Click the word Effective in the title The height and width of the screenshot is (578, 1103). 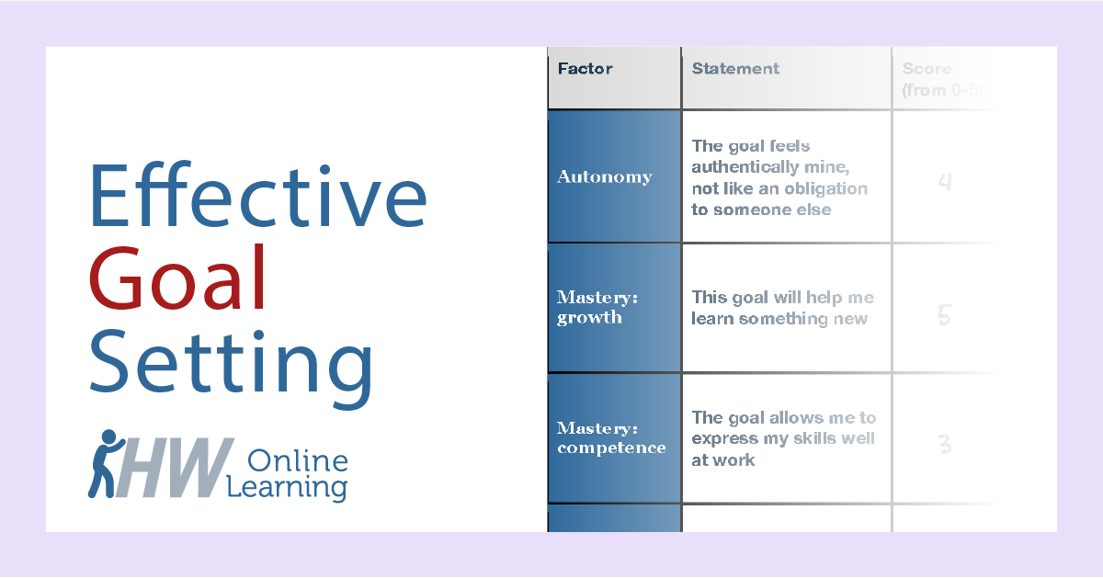(258, 197)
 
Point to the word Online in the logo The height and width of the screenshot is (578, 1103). (298, 459)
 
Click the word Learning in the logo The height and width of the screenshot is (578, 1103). (298, 486)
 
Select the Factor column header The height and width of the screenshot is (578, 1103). (586, 69)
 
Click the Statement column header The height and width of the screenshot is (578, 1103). (735, 69)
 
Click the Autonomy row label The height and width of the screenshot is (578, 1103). (604, 176)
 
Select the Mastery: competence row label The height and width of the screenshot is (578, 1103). (611, 437)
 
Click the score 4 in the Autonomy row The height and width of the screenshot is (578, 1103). (944, 182)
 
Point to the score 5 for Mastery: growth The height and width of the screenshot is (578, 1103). (944, 316)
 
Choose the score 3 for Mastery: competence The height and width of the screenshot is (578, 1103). (944, 446)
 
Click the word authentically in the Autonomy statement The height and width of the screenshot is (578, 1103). (745, 167)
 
